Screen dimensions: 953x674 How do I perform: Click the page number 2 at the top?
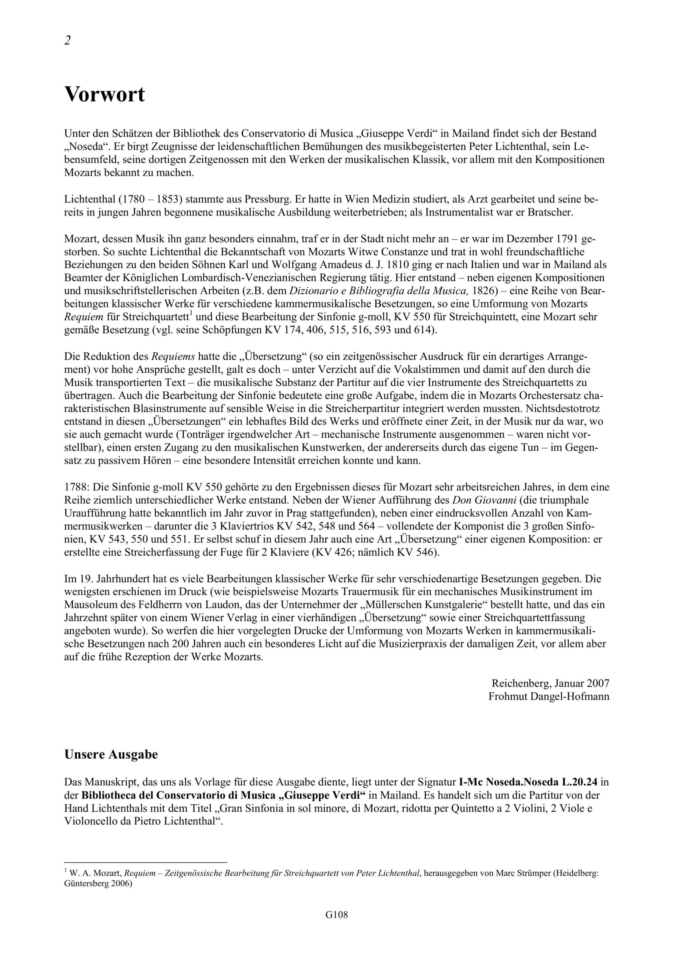point(67,41)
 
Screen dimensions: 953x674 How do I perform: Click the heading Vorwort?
point(105,95)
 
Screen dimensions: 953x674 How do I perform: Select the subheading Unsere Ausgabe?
point(111,754)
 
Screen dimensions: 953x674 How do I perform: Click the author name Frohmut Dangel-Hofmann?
point(549,696)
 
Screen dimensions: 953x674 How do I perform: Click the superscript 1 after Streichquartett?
point(191,314)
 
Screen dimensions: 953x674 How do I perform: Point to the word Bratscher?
point(550,213)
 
